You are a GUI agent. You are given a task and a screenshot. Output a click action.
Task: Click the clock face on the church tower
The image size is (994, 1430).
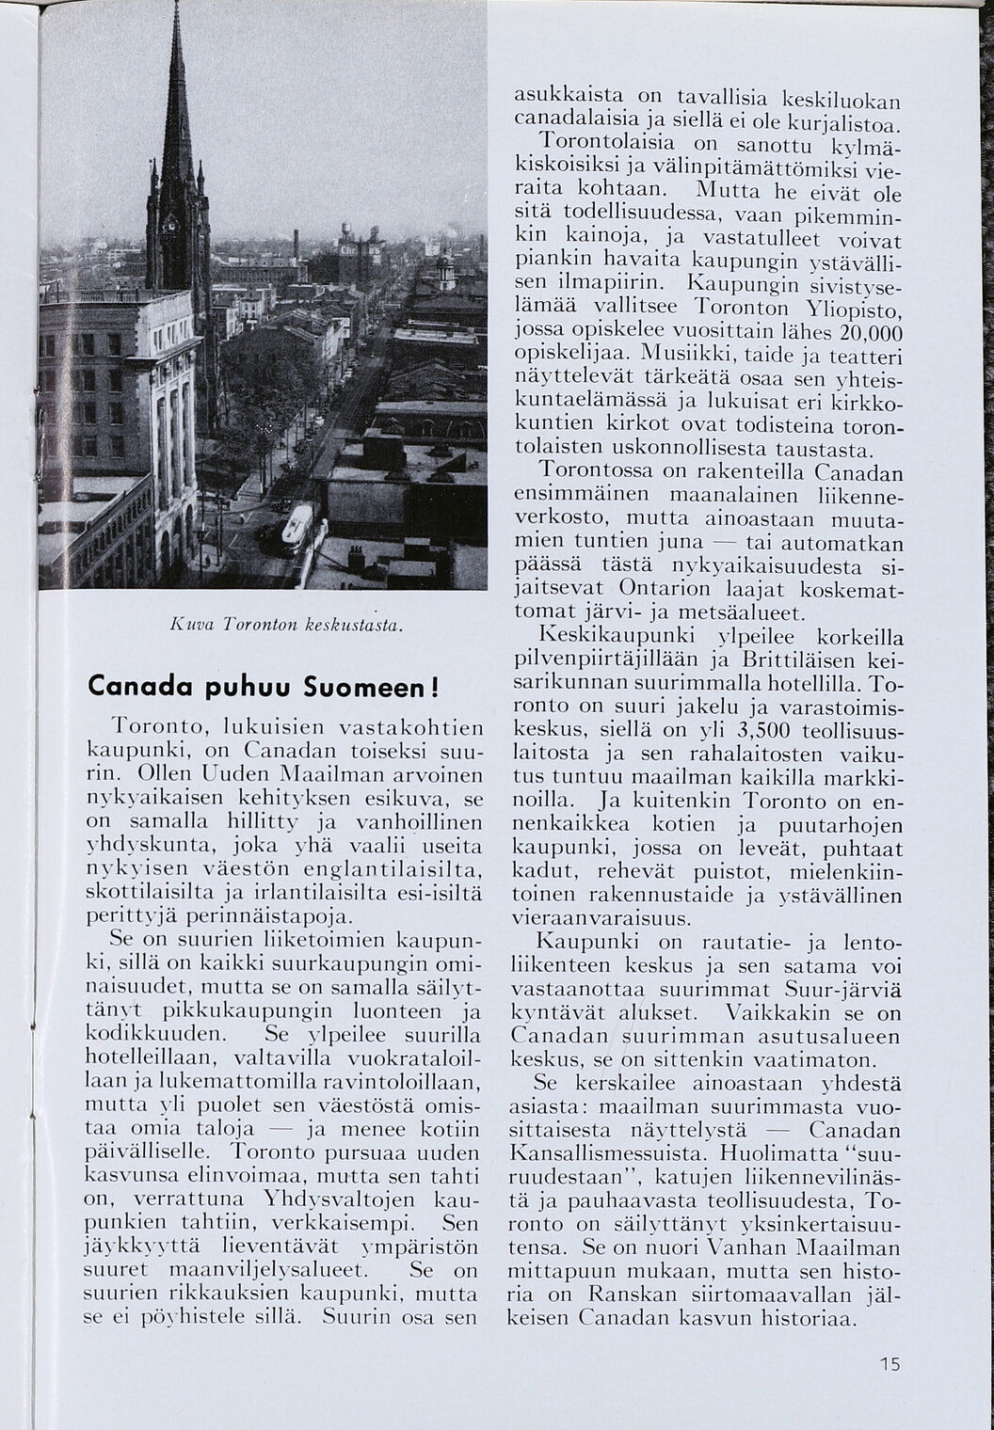(170, 224)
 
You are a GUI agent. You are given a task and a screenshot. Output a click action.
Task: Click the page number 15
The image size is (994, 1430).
(890, 1363)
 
